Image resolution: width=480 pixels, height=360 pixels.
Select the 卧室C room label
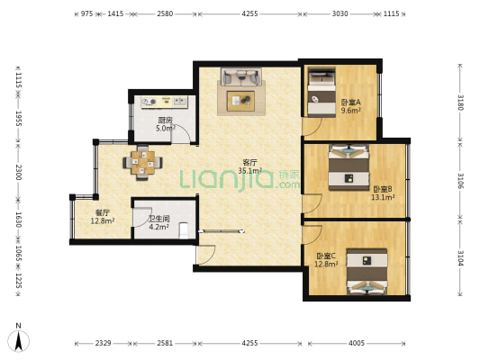tap(326, 259)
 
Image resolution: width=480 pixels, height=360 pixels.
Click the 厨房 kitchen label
tap(165, 124)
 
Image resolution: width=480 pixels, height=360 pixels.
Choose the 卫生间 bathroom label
tap(159, 222)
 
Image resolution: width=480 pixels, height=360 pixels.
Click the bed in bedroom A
tap(320, 93)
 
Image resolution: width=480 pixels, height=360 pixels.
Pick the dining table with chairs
tap(144, 162)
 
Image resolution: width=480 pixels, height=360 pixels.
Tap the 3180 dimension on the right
tap(460, 102)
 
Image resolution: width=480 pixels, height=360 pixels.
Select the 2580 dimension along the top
tap(165, 14)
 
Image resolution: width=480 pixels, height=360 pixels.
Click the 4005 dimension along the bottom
tap(358, 343)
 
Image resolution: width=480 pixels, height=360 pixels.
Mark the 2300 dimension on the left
tap(15, 171)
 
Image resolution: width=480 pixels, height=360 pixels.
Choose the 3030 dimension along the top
tap(340, 14)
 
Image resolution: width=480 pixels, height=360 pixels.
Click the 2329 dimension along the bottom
tap(104, 343)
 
